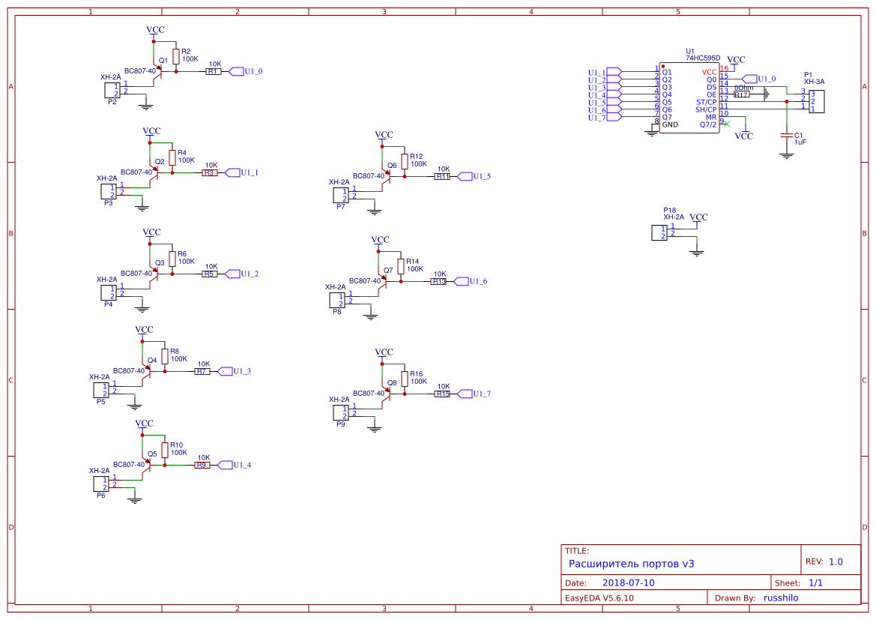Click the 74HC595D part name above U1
point(703,58)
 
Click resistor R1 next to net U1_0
point(214,72)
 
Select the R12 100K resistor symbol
point(405,161)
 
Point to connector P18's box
point(659,232)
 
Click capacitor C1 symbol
point(786,135)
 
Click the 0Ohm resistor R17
point(741,94)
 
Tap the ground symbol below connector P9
point(375,428)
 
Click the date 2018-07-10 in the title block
point(628,583)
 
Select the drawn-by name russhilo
point(781,598)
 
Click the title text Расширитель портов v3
point(631,564)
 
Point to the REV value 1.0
point(836,562)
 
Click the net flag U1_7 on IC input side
point(614,117)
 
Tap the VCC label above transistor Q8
point(384,352)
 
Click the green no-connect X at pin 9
point(725,124)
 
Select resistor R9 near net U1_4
point(202,465)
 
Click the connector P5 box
point(100,390)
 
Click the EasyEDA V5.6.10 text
point(599,598)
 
